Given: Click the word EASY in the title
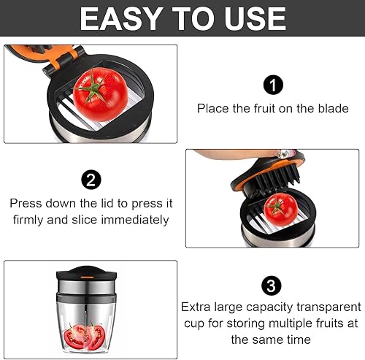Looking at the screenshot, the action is pos(121,18).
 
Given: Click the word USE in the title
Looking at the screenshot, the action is pos(255,18).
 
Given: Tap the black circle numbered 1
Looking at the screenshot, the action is pos(273,85).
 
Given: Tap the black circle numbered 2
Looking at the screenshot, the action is pos(91,180).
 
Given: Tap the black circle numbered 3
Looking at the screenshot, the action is pos(272,286).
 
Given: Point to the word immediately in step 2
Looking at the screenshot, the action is pos(135,220).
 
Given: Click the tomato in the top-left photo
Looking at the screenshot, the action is pos(101,94).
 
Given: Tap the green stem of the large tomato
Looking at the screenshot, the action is pos(92,88).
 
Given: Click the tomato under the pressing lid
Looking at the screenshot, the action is pos(280,210).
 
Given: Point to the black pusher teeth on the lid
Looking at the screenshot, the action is pos(277,178).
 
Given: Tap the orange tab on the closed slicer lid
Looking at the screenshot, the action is pos(87,277).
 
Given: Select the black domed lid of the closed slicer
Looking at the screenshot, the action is pos(87,272).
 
